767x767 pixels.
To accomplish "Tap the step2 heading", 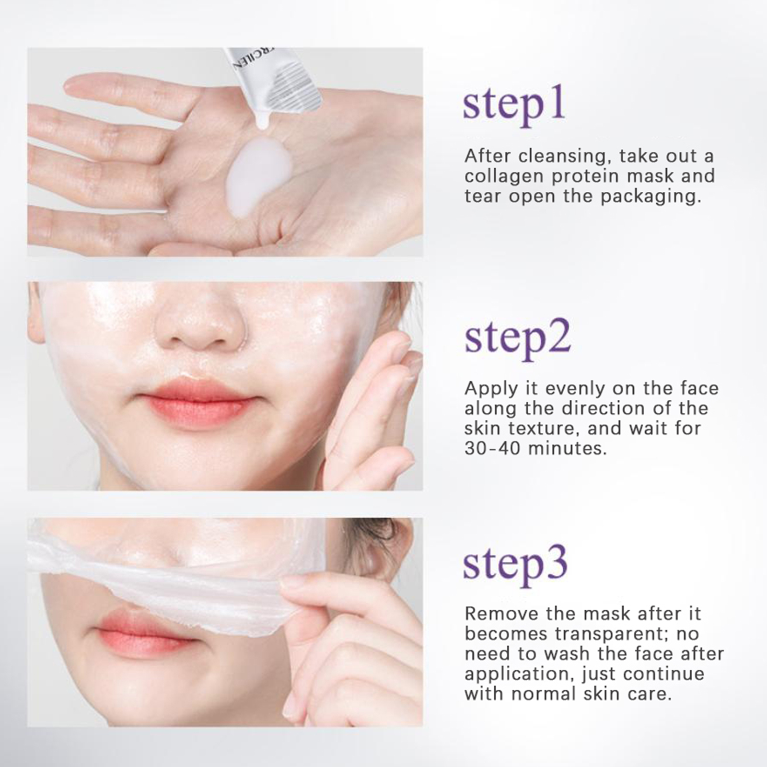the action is click(x=518, y=337).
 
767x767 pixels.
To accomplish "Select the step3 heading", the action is click(x=515, y=565).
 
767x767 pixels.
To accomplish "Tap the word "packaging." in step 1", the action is click(x=651, y=197).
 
